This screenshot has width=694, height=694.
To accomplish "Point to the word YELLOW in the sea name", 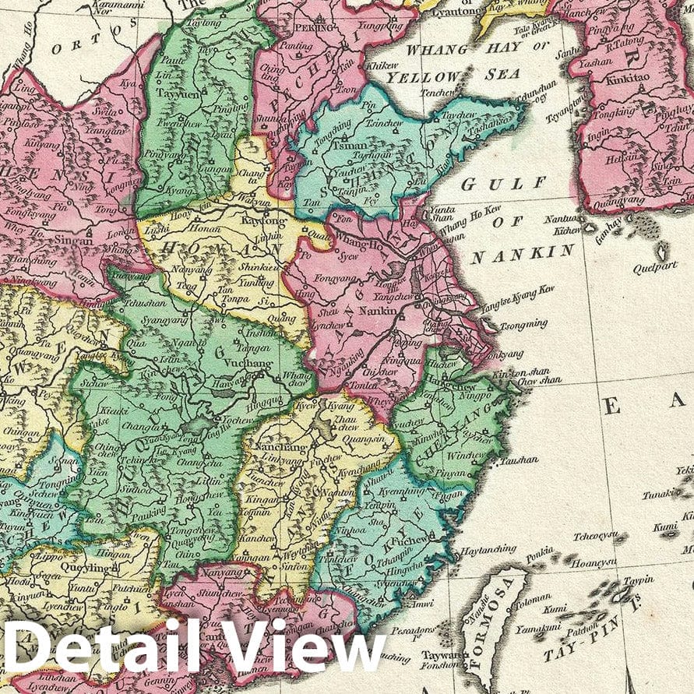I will [424, 76].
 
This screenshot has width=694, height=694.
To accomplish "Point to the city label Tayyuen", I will [178, 90].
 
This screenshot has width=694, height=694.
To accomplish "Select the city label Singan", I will [74, 241].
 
